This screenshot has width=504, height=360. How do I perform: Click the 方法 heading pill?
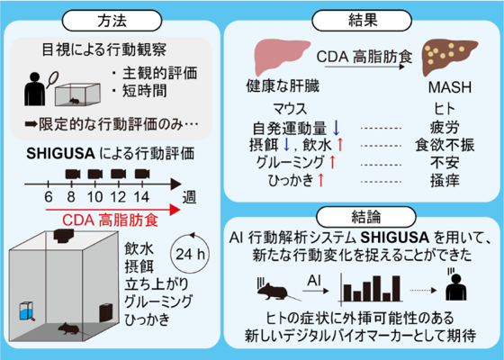pyautogui.click(x=112, y=21)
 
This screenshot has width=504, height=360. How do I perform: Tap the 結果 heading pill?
pyautogui.click(x=362, y=21)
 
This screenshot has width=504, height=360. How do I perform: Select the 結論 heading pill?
pyautogui.click(x=366, y=217)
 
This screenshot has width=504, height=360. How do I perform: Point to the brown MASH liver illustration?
pyautogui.click(x=449, y=57)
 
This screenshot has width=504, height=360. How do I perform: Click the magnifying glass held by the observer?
pyautogui.click(x=52, y=80)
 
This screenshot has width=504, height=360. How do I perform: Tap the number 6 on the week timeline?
pyautogui.click(x=49, y=197)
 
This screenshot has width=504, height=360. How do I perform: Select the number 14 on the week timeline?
pyautogui.click(x=141, y=197)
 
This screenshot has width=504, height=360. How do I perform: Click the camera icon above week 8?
pyautogui.click(x=73, y=175)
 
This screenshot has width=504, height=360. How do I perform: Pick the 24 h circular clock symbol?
pyautogui.click(x=190, y=254)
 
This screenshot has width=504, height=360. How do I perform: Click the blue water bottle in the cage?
pyautogui.click(x=26, y=310)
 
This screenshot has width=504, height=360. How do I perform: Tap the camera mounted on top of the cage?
pyautogui.click(x=64, y=236)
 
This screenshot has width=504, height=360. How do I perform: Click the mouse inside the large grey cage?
pyautogui.click(x=68, y=328)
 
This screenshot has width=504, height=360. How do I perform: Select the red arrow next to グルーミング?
pyautogui.click(x=332, y=162)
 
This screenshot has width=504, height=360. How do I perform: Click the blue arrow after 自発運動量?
pyautogui.click(x=337, y=128)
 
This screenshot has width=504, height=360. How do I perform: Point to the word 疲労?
pyautogui.click(x=445, y=128)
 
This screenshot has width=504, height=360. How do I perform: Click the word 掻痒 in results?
pyautogui.click(x=445, y=180)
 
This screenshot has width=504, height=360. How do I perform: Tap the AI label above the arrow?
pyautogui.click(x=314, y=281)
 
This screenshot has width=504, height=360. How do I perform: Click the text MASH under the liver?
pyautogui.click(x=450, y=87)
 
